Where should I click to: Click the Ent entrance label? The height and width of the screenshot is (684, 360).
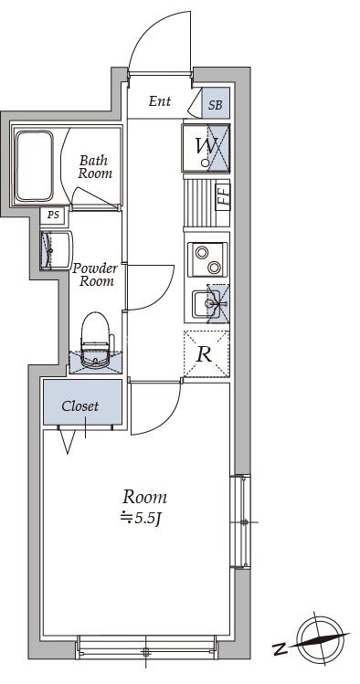point(159,101)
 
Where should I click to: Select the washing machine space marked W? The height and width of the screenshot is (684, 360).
point(206,147)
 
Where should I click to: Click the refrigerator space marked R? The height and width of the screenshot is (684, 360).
point(206,353)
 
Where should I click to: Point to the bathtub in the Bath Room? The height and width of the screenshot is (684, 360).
point(35,166)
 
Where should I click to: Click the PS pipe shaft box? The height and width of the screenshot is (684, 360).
point(54,216)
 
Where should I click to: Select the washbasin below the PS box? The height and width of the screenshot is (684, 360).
point(56,250)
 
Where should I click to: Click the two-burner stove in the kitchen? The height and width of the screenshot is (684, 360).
point(207,259)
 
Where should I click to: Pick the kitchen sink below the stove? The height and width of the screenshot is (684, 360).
point(210,303)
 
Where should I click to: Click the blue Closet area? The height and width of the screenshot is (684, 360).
point(82,402)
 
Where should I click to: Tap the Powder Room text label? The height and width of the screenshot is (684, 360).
point(95,274)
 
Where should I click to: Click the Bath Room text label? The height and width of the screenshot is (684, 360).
point(95,166)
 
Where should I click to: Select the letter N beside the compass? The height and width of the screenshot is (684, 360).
point(281,649)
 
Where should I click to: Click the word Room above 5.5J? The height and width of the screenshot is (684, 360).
point(144,497)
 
